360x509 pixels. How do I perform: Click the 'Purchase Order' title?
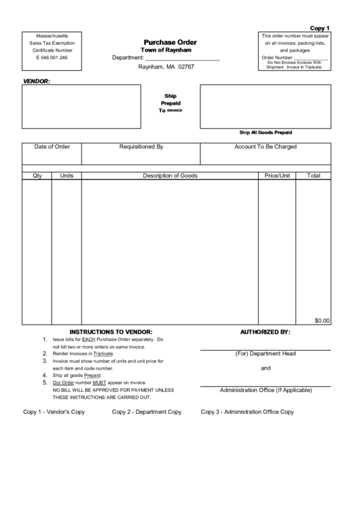click(x=170, y=42)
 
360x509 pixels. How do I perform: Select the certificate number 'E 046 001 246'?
click(x=52, y=58)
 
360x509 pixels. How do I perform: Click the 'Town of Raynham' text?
click(x=166, y=50)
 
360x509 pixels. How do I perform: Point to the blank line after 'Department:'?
click(x=183, y=58)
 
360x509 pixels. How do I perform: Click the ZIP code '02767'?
click(x=186, y=67)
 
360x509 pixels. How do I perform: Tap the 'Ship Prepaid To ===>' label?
click(x=170, y=103)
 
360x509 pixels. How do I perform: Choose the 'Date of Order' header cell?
click(x=52, y=146)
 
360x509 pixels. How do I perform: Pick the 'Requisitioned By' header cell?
click(x=141, y=146)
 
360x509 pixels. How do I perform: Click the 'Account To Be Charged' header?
click(x=266, y=146)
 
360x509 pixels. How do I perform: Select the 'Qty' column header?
click(x=37, y=175)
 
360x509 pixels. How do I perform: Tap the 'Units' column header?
click(x=67, y=175)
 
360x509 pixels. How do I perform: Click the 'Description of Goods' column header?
click(x=170, y=175)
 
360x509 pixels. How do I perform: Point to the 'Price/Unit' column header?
click(x=277, y=175)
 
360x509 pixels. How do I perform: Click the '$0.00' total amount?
click(x=322, y=320)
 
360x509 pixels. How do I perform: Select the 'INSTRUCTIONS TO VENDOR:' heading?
click(x=111, y=332)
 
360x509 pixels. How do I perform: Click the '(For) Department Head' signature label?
click(x=266, y=353)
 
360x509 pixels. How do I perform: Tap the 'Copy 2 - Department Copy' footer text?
click(x=147, y=412)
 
